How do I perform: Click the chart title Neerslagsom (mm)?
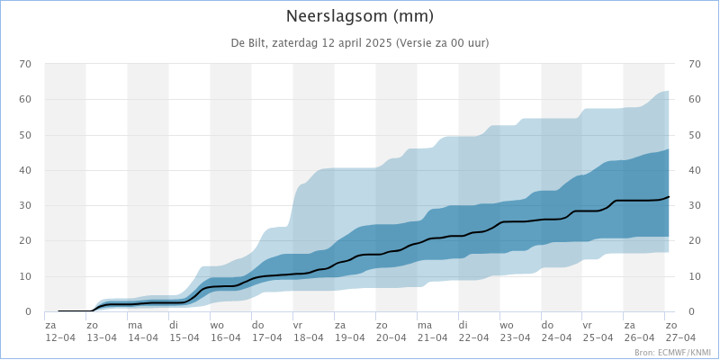360,16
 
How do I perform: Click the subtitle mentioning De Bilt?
360,43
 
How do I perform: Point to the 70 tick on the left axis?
25,64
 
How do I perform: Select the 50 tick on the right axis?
694,135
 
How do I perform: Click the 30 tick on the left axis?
25,205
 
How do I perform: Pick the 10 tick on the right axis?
694,276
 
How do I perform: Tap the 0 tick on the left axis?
28,311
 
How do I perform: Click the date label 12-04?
60,337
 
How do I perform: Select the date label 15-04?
184,337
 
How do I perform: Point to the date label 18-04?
309,337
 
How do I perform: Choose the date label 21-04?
433,337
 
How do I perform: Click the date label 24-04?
557,337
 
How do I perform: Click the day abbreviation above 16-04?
217,325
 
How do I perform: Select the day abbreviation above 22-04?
463,325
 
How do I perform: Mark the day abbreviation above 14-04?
135,325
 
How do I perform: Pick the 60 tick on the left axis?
25,99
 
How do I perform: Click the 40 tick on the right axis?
694,170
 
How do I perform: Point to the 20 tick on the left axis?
25,240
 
